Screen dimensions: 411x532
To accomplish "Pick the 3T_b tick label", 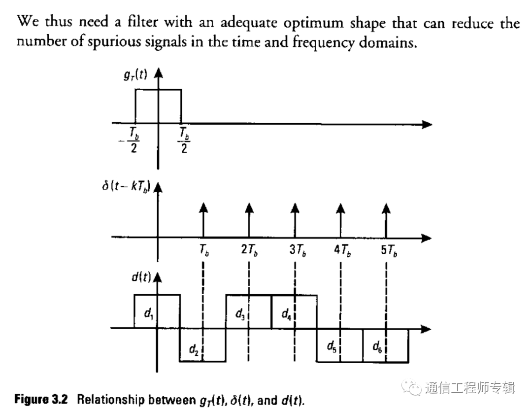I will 298,250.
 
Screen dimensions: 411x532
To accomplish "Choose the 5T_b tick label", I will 389,250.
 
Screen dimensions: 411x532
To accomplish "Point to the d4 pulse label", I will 285,313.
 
